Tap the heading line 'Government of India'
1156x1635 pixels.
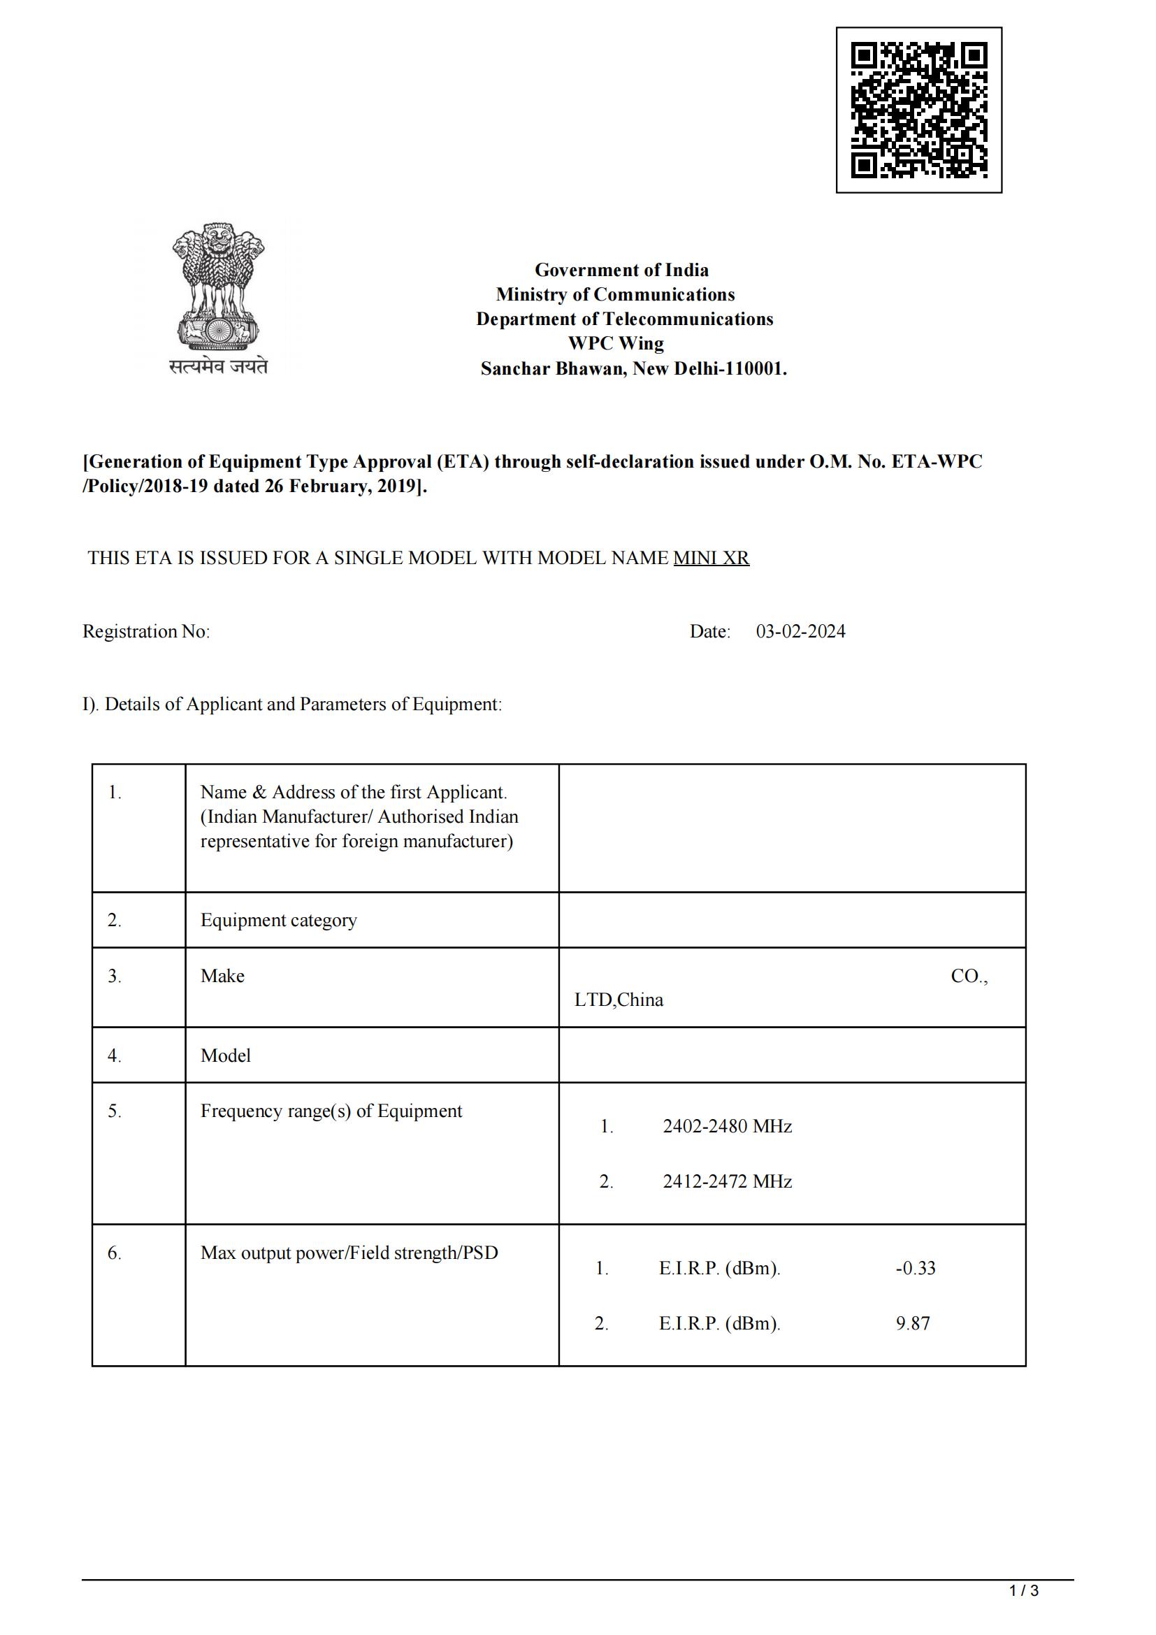point(621,271)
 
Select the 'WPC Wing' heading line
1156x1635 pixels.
point(616,343)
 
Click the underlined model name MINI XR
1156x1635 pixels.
point(711,558)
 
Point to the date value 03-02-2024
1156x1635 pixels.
point(800,632)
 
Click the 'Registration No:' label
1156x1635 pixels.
point(146,632)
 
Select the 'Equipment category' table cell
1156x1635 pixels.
point(278,920)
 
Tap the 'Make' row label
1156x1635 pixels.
point(222,976)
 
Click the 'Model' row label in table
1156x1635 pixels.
point(226,1056)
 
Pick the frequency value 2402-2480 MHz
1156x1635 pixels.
point(727,1126)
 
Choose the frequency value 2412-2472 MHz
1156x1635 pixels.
point(727,1181)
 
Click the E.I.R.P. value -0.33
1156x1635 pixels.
point(916,1268)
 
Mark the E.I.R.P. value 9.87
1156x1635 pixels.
point(913,1323)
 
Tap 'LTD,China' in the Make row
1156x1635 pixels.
point(619,1000)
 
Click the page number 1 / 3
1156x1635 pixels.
point(1024,1591)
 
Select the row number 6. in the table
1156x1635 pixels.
point(115,1253)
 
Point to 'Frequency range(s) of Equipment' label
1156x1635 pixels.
point(331,1111)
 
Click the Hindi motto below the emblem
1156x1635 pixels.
point(218,367)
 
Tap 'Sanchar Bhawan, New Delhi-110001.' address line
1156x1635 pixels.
point(633,369)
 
